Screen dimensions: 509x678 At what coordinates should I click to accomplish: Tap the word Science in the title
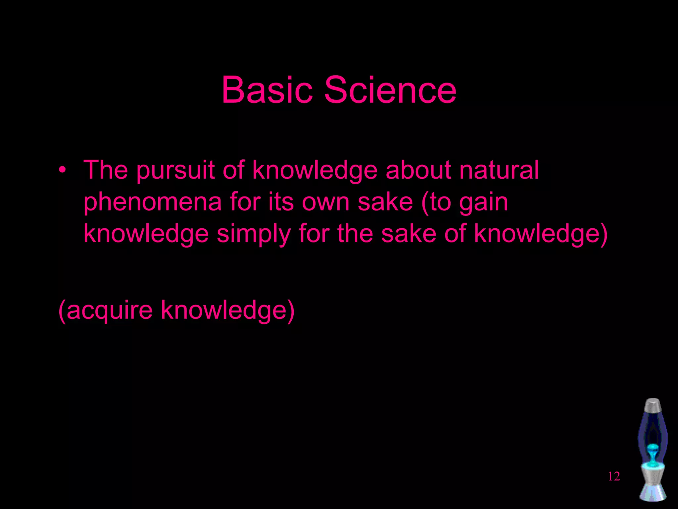tap(390, 90)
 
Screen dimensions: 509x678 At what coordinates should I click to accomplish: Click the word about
tap(418, 170)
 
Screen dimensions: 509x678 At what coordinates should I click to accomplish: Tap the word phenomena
tap(152, 202)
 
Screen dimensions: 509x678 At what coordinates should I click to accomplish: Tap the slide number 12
tap(614, 477)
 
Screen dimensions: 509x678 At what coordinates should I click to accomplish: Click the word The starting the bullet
tap(106, 170)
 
